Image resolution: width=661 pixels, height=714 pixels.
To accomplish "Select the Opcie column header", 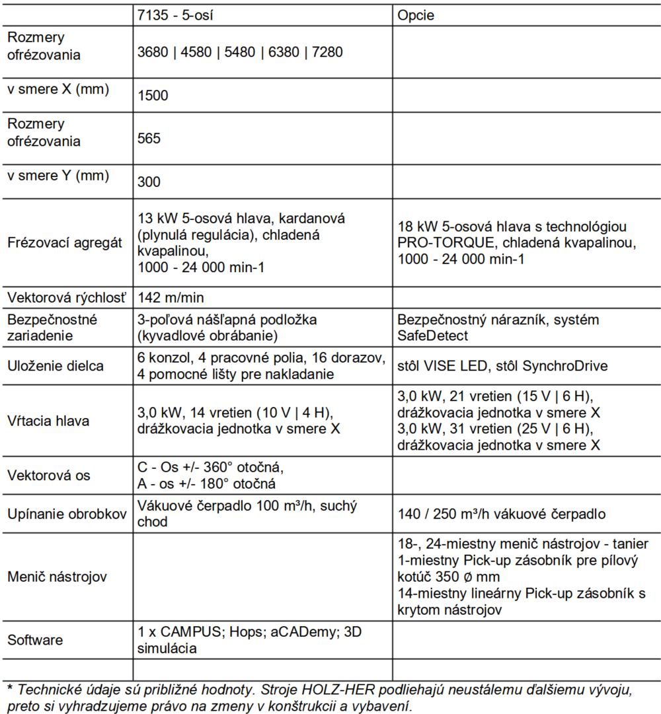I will pyautogui.click(x=416, y=15).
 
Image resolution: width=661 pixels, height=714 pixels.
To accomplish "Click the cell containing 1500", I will pyautogui.click(x=153, y=96).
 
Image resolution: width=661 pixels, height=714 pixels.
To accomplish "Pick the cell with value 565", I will pyautogui.click(x=149, y=139).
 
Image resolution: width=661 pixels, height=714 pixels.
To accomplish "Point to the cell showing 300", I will pyautogui.click(x=149, y=182).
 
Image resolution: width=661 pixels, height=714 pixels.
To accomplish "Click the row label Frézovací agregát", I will pyautogui.click(x=65, y=243).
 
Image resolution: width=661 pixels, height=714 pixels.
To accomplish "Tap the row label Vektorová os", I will pyautogui.click(x=48, y=476).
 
